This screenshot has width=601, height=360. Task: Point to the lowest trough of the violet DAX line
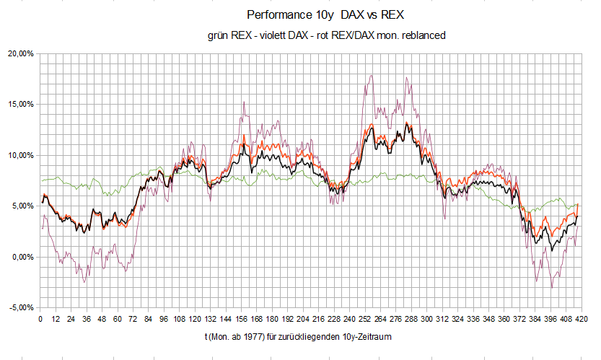point(553,288)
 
